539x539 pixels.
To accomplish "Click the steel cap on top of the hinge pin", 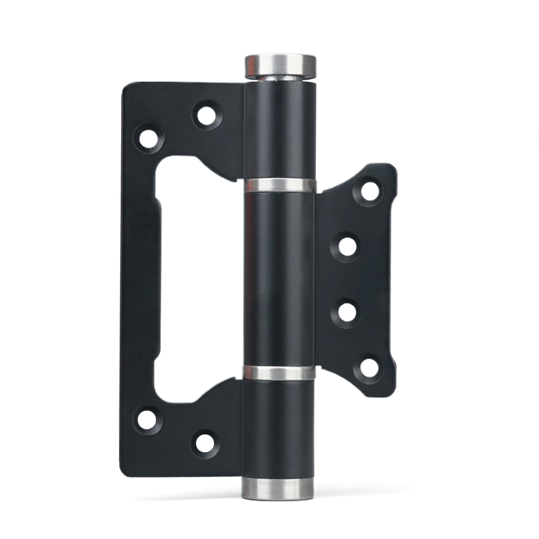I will (281, 66).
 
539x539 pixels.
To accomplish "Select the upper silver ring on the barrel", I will (280, 185).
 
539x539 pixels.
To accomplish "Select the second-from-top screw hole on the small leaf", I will (348, 246).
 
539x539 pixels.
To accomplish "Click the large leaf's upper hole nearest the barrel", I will (206, 115).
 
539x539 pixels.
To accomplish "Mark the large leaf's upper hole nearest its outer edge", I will (148, 137).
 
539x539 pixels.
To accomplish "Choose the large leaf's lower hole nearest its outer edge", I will (147, 420).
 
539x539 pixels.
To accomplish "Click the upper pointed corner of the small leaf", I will (388, 169).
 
